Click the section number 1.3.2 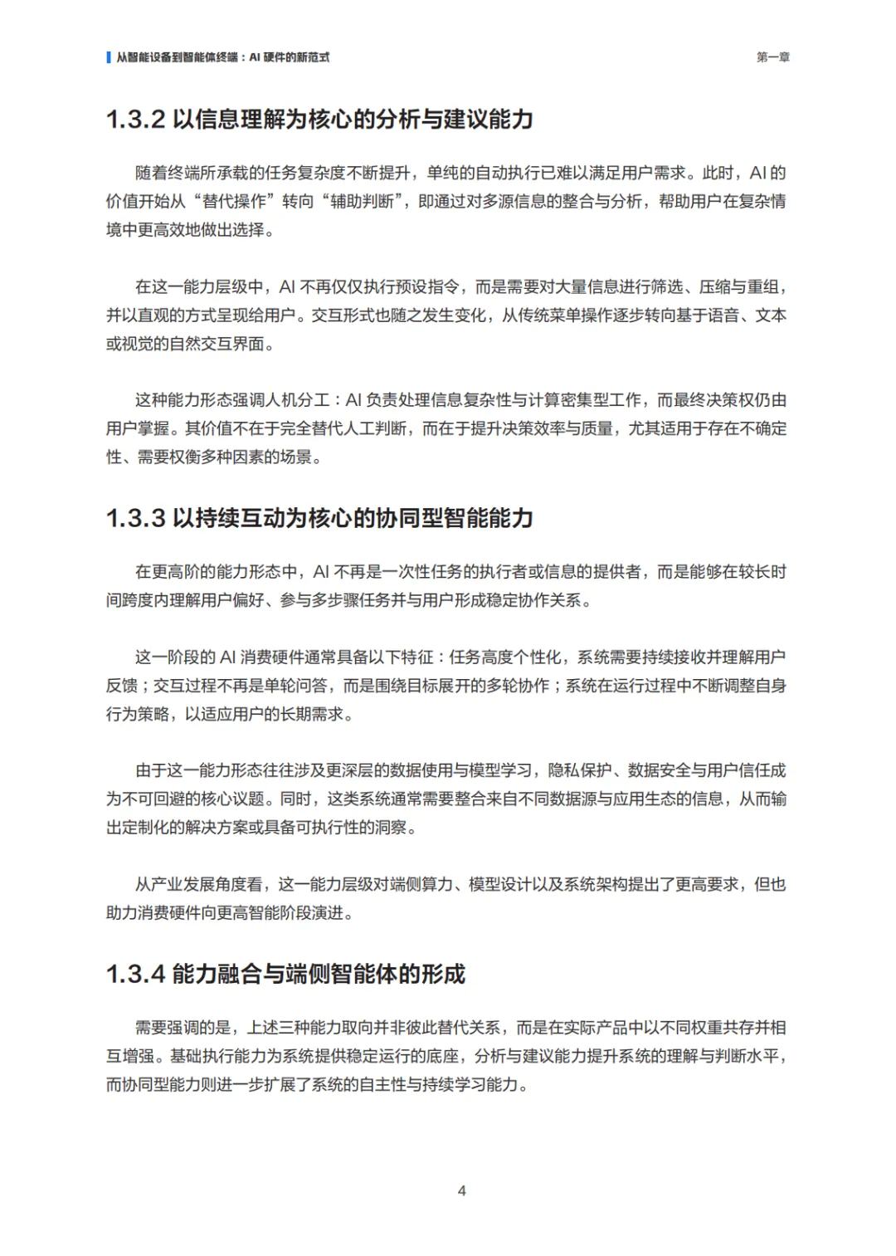tap(135, 120)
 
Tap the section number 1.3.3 tap(135, 519)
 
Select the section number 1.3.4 tap(135, 974)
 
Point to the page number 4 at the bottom tap(461, 1190)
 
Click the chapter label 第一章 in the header tap(772, 57)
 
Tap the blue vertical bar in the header tap(109, 57)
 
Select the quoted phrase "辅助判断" tap(363, 202)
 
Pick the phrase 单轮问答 tap(296, 686)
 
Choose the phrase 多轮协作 tap(518, 686)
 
